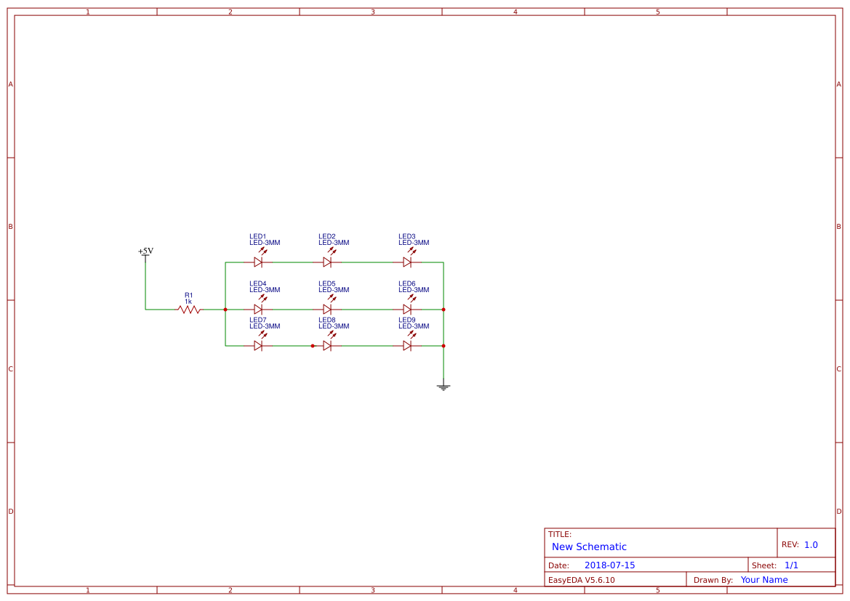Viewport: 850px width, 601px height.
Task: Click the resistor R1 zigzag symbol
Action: pos(189,310)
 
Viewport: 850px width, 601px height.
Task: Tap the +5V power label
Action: pos(145,251)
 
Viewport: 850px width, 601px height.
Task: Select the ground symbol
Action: pos(444,387)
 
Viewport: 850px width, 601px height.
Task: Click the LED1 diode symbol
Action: pos(258,262)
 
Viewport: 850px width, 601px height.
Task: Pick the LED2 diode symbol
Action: pos(327,262)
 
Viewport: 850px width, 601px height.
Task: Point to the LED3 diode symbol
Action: pos(407,262)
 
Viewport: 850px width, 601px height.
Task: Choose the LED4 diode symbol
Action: pos(258,310)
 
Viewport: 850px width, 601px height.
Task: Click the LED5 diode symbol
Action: pos(327,310)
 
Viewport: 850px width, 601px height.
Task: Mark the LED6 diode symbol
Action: pos(407,310)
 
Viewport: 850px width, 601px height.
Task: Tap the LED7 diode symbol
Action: pos(258,346)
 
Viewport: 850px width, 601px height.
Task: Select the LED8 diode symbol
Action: pos(327,346)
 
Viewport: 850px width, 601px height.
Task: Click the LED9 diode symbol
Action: pos(407,346)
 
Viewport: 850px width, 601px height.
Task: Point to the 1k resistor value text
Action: pos(188,302)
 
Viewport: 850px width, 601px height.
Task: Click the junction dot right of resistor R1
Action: pos(225,310)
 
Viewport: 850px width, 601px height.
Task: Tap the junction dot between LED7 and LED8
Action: pos(313,346)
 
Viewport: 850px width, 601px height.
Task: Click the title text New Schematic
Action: pos(589,547)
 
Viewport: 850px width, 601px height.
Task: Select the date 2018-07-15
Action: pos(609,565)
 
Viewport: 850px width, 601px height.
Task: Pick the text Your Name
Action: pos(764,580)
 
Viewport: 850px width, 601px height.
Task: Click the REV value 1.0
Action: pos(811,545)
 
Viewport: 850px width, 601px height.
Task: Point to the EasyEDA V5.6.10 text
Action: pos(581,580)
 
